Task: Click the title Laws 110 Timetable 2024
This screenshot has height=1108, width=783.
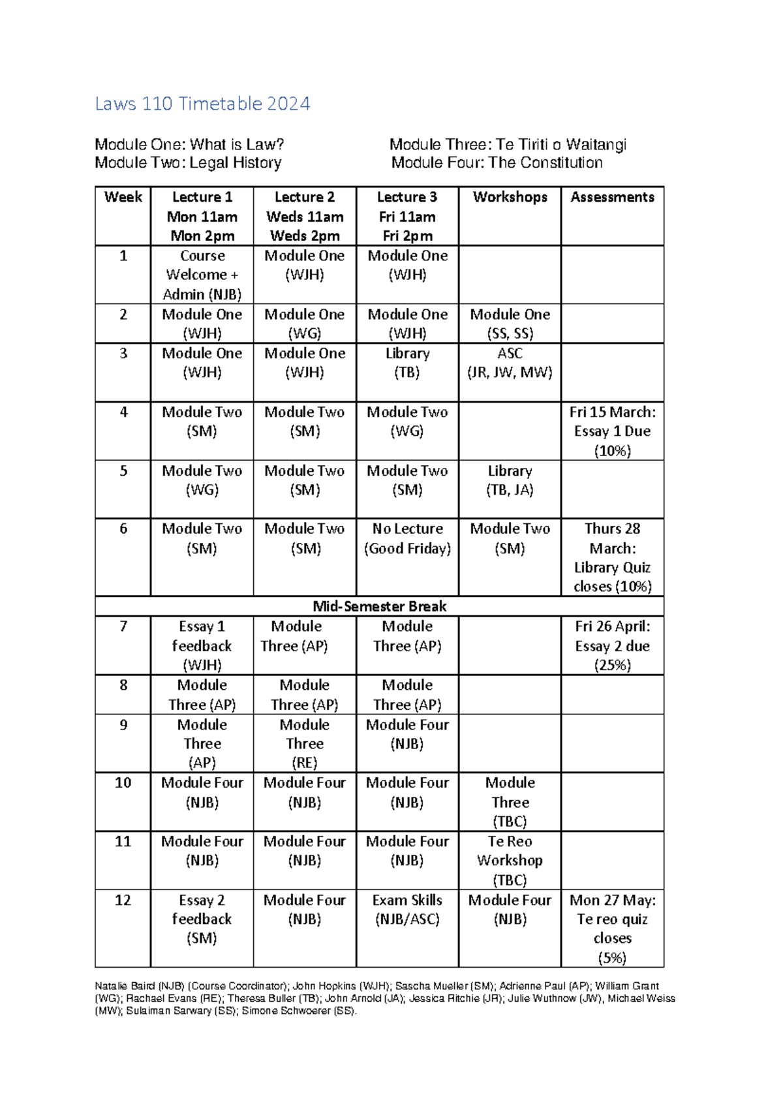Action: point(202,104)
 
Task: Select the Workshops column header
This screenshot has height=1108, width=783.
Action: point(510,197)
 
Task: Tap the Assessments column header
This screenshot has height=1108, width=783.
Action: point(612,197)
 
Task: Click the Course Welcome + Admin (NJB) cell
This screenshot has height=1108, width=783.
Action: point(202,275)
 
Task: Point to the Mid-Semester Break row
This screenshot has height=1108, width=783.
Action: point(379,606)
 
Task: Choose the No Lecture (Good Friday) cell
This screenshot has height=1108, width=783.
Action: point(407,539)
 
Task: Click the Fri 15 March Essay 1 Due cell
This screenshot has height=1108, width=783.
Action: point(612,431)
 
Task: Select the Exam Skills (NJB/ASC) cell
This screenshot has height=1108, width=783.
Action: point(407,910)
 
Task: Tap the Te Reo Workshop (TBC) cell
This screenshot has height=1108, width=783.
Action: point(510,861)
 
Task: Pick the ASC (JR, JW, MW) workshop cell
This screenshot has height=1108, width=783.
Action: point(510,363)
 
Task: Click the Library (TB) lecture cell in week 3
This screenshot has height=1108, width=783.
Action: point(407,363)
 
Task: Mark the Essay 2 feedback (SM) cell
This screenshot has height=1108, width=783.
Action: point(202,919)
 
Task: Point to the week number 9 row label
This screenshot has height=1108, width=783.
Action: point(123,725)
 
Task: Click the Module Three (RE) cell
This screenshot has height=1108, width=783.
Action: point(305,744)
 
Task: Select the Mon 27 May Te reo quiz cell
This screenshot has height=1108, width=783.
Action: point(612,929)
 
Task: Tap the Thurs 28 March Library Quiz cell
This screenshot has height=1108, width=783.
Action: point(612,558)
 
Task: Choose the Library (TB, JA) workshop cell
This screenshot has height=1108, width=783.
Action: point(510,480)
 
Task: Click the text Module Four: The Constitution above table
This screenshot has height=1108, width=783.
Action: point(497,163)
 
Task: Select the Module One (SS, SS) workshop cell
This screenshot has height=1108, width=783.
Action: point(510,324)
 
